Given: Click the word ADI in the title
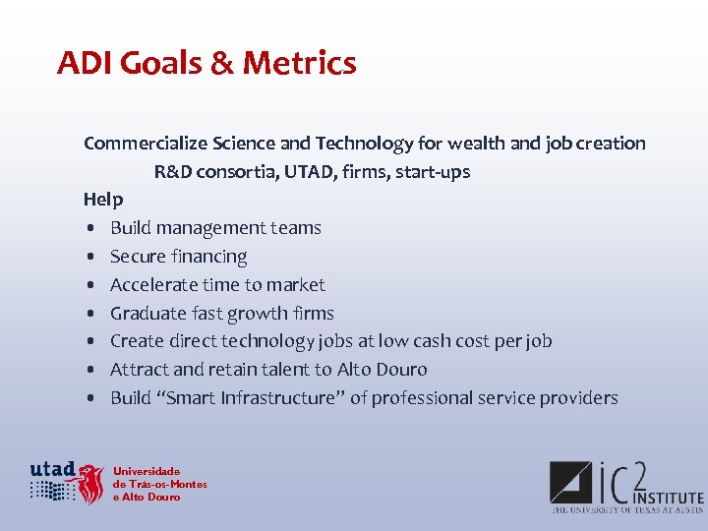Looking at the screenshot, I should (82, 63).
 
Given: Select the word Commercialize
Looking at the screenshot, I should (146, 144).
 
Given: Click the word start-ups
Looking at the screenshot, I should (433, 172).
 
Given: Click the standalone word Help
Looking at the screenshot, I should (103, 200).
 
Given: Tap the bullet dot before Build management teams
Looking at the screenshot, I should (89, 229).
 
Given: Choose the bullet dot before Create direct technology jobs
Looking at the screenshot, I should (89, 342).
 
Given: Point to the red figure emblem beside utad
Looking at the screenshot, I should (90, 484).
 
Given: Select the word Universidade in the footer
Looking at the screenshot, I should (147, 471).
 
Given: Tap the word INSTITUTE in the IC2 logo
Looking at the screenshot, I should (670, 498).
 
